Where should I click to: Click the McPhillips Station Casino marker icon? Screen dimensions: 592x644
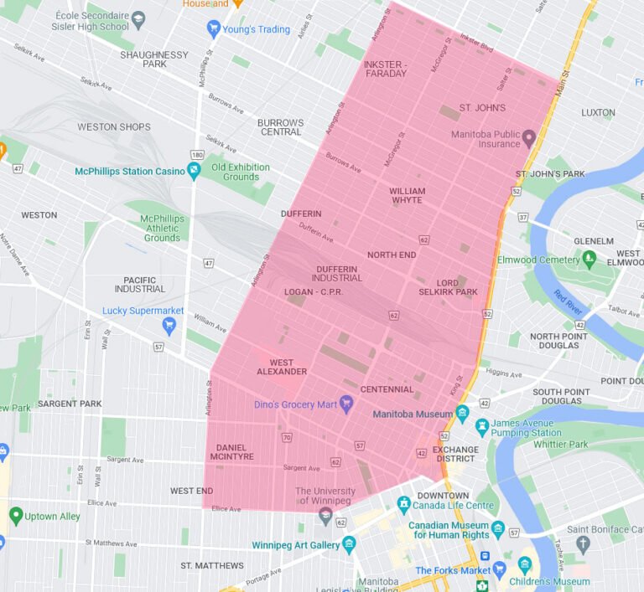tap(195, 171)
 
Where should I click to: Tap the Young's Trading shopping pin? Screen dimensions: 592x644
tap(214, 29)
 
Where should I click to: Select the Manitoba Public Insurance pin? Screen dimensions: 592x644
tap(529, 138)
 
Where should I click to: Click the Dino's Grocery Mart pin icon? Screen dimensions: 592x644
tap(344, 404)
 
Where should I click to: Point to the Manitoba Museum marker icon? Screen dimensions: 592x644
tap(462, 413)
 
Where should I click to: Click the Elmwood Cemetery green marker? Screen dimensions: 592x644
tap(589, 258)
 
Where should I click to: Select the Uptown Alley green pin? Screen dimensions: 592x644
tap(16, 515)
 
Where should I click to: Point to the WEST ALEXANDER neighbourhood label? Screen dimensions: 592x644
tap(282, 367)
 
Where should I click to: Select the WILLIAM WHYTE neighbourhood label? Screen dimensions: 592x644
tap(407, 195)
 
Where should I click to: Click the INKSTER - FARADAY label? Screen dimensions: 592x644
tap(385, 69)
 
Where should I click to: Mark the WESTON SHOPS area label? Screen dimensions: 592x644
tap(114, 127)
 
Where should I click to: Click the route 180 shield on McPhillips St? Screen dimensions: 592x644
tap(197, 155)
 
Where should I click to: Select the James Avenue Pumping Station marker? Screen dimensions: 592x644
tap(482, 428)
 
